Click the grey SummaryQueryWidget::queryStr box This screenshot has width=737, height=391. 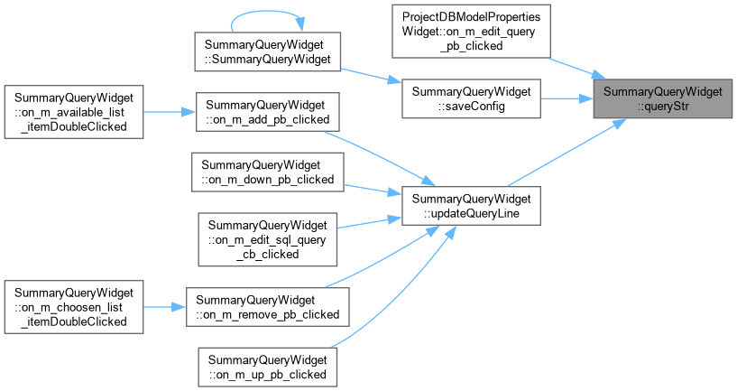[x=663, y=98]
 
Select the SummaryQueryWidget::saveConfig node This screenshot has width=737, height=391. [x=471, y=98]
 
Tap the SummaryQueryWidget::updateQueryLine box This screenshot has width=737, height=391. [x=471, y=206]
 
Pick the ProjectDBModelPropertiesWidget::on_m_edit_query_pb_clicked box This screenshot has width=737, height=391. [x=471, y=32]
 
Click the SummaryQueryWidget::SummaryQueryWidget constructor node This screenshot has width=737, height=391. [x=267, y=51]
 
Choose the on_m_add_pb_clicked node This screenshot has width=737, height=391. [x=267, y=112]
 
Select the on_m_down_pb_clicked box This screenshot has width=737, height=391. [x=267, y=172]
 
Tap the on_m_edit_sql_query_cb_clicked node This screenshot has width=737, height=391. [x=267, y=239]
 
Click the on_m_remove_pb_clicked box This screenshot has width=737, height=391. [x=267, y=307]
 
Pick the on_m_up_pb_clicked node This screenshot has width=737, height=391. [x=267, y=368]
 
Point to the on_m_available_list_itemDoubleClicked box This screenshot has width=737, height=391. [x=74, y=112]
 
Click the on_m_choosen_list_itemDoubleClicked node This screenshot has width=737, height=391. [x=74, y=307]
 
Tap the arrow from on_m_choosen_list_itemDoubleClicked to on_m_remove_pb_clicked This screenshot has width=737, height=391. [x=164, y=307]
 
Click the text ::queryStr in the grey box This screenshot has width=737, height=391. [x=663, y=107]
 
